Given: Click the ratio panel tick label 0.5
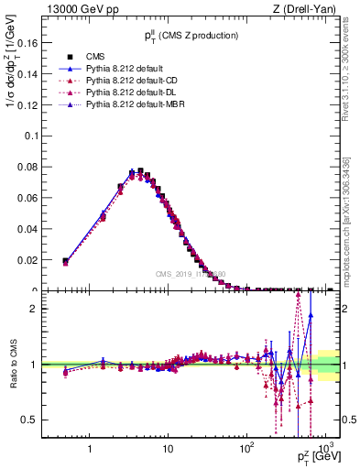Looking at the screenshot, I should tap(28, 420).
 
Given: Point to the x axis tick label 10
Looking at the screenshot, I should tap(168, 450).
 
